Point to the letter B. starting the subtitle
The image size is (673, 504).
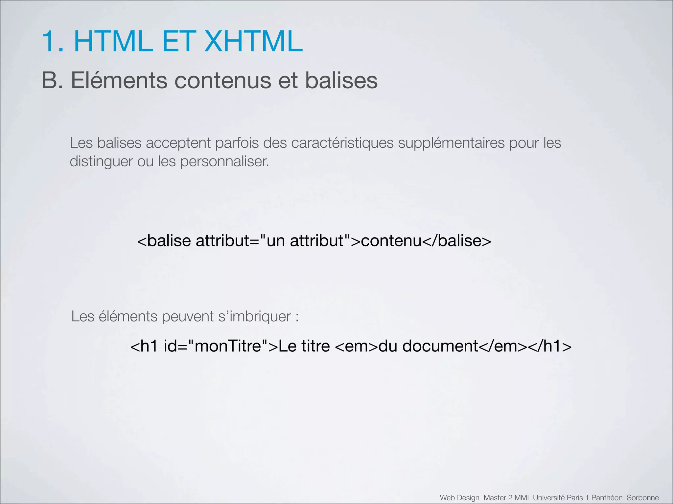pyautogui.click(x=52, y=80)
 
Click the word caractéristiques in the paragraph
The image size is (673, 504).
pyautogui.click(x=342, y=143)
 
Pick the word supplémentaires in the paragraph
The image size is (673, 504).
pyautogui.click(x=451, y=143)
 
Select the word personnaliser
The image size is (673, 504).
pyautogui.click(x=224, y=161)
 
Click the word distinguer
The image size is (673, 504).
pyautogui.click(x=101, y=161)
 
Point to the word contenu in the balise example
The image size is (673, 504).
pyautogui.click(x=391, y=241)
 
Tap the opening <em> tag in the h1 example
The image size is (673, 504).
pyautogui.click(x=357, y=346)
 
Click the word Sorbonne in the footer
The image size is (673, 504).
pyautogui.click(x=643, y=498)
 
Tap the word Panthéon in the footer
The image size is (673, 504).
pyautogui.click(x=607, y=498)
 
